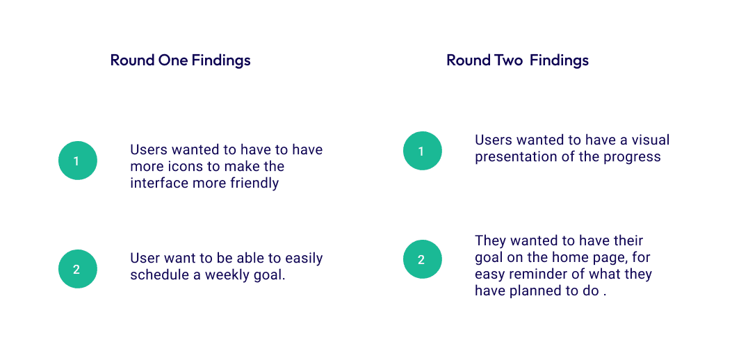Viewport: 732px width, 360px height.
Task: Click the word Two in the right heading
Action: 507,60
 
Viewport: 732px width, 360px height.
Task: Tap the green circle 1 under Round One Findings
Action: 77,161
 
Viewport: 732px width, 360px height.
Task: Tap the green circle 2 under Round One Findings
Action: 77,269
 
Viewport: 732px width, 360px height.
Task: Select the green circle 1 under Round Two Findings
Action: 423,151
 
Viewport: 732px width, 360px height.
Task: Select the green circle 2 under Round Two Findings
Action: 423,259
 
